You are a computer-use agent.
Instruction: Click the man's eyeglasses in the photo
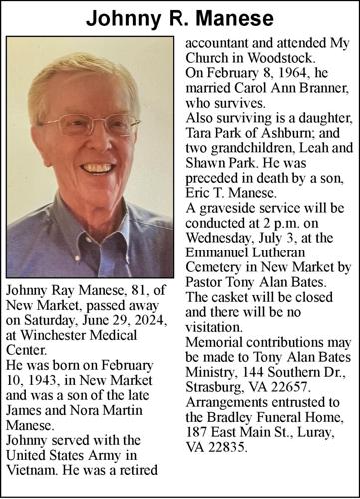click(92, 126)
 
